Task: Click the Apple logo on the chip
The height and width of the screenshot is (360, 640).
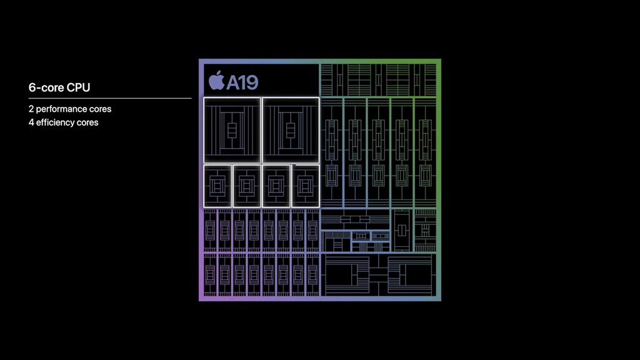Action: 217,80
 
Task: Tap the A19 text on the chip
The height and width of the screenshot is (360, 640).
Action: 242,83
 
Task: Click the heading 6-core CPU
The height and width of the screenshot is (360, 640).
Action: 59,87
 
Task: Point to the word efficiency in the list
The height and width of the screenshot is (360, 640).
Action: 55,122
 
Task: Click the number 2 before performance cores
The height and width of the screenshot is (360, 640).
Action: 31,109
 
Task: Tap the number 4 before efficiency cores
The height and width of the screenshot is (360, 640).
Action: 31,122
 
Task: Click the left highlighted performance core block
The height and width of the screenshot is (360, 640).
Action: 232,131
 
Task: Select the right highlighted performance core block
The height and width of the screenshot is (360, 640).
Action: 291,131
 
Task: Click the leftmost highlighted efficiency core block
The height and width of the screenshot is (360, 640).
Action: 217,186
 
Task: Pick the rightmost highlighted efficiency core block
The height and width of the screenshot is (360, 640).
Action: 306,186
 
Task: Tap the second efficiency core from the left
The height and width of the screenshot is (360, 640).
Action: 246,186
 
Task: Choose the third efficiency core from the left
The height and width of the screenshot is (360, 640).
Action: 276,186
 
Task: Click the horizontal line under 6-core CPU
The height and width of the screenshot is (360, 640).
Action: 110,98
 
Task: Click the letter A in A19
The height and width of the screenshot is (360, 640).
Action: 234,83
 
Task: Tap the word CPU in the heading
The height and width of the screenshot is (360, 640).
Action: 78,87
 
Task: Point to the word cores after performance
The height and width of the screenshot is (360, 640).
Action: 99,109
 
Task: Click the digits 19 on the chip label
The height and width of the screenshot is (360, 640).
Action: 250,83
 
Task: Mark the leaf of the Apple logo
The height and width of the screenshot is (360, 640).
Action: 221,72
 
